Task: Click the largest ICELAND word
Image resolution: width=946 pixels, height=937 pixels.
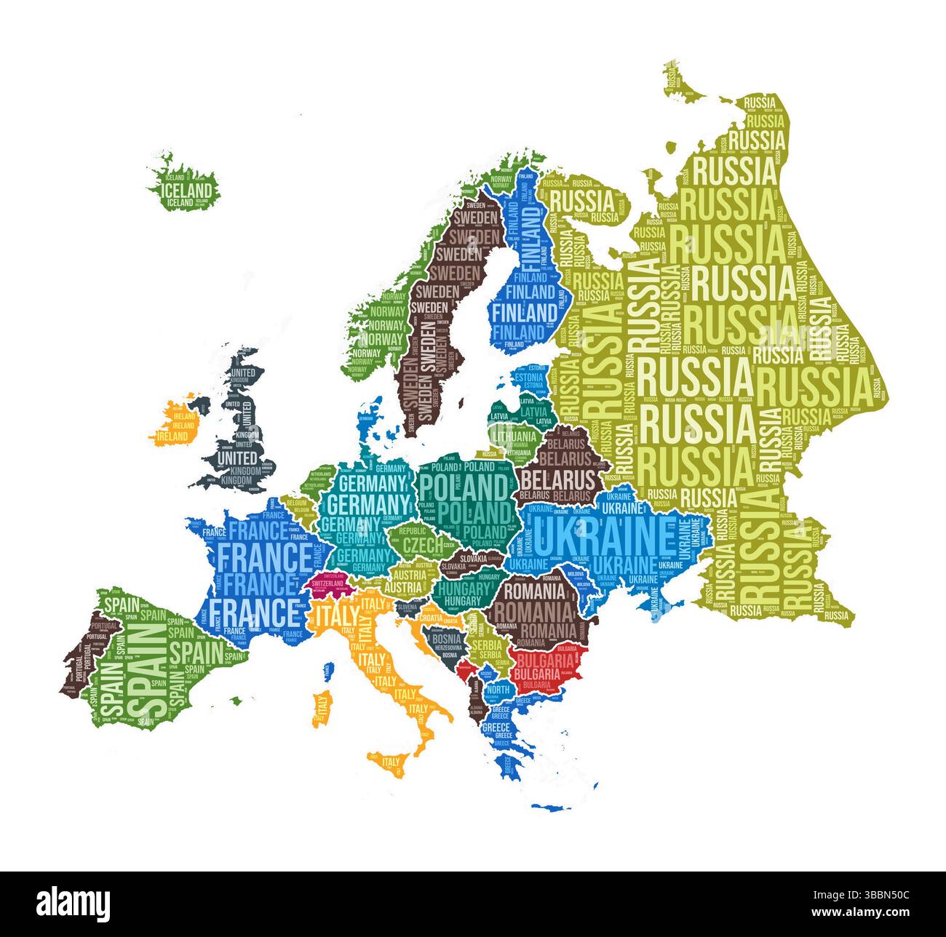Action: pyautogui.click(x=183, y=191)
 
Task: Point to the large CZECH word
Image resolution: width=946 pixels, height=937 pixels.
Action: pyautogui.click(x=422, y=544)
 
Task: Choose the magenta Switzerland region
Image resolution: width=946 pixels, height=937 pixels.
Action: pyautogui.click(x=327, y=584)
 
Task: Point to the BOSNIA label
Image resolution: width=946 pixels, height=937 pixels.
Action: pyautogui.click(x=448, y=639)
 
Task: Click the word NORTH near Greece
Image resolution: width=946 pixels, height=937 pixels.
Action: pyautogui.click(x=498, y=689)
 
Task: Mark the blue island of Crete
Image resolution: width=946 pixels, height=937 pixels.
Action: pyautogui.click(x=549, y=806)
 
